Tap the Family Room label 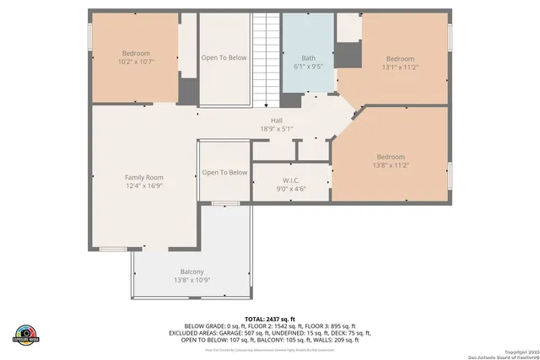click(143, 177)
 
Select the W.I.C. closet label click(292, 180)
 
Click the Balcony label click(192, 271)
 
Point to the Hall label click(276, 121)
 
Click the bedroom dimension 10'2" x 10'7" click(136, 61)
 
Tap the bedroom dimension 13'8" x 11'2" click(390, 165)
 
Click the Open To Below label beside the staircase click(224, 57)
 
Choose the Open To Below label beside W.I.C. click(224, 173)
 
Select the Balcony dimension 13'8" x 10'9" click(192, 280)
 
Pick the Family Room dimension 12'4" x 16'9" click(143, 185)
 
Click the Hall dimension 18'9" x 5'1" click(276, 129)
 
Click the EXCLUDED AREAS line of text click(269, 333)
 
